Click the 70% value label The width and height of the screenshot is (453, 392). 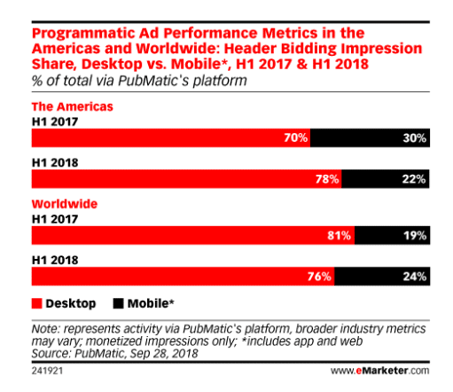click(x=295, y=137)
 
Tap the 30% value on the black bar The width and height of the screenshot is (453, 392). click(x=414, y=138)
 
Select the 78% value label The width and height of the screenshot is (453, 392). click(x=327, y=179)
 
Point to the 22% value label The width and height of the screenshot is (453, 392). click(x=414, y=179)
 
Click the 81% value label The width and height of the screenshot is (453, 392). click(x=339, y=235)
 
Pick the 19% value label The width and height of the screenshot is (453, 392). click(x=415, y=235)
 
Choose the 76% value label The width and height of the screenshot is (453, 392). click(x=319, y=277)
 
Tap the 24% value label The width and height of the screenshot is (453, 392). click(x=415, y=277)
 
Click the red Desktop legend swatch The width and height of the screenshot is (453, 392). click(x=37, y=303)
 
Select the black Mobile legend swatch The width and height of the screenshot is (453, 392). click(x=118, y=303)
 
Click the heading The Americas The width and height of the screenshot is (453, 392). click(x=73, y=106)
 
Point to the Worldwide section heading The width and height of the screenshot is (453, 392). click(x=65, y=204)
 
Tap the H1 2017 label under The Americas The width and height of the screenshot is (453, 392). click(x=55, y=122)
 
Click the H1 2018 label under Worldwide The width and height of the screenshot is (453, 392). click(x=55, y=260)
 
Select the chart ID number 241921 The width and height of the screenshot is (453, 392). click(x=47, y=371)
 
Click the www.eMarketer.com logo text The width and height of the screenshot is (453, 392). click(x=379, y=371)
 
